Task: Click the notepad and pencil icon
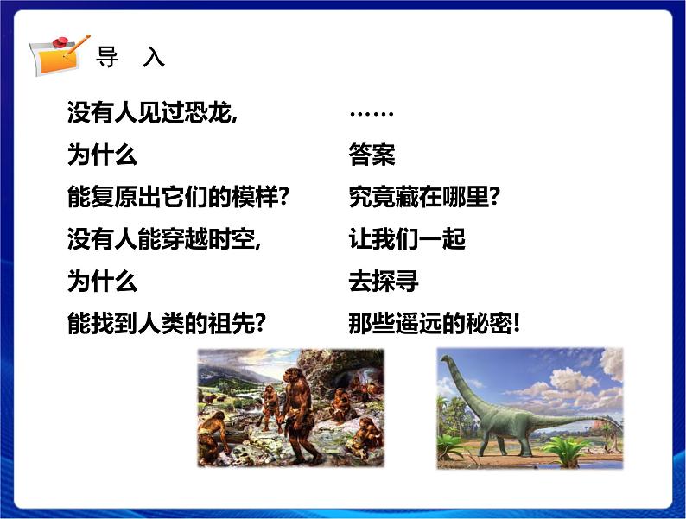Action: point(60,54)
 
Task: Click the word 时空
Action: point(233,238)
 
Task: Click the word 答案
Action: point(372,155)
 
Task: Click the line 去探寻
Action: point(384,281)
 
